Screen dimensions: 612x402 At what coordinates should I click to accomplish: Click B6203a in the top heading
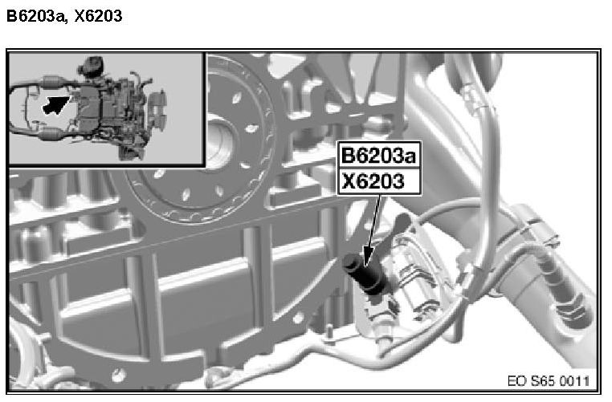coord(35,16)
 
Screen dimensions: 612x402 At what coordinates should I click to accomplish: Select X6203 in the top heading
coord(98,16)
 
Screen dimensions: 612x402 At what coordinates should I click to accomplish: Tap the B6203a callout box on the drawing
coord(379,155)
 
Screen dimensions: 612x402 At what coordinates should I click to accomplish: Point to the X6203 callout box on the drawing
coord(379,181)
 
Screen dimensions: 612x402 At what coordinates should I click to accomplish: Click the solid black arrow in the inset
coord(55,104)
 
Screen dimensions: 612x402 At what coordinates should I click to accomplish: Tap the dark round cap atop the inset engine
coord(92,64)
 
